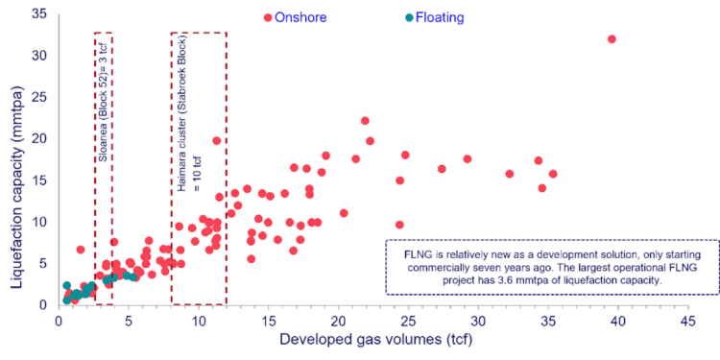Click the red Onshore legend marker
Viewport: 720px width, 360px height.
[x=268, y=17]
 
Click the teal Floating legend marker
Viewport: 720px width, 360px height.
[x=409, y=17]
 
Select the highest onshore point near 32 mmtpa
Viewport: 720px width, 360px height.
[x=612, y=39]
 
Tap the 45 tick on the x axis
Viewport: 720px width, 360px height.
[x=685, y=321]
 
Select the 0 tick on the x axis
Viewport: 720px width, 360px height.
[x=60, y=321]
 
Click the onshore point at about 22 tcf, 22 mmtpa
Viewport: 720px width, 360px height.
[x=365, y=121]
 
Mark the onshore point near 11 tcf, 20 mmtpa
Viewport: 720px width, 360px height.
[x=217, y=141]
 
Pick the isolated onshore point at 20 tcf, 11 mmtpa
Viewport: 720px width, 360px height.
[x=344, y=213]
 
